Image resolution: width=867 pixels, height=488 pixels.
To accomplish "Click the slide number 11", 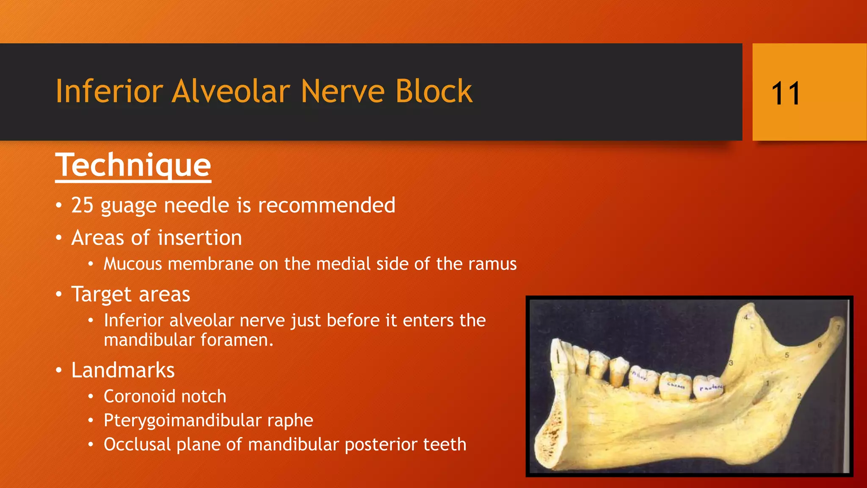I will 786,93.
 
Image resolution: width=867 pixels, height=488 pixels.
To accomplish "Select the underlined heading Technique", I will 133,165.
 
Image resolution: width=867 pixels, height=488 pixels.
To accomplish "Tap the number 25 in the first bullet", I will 82,205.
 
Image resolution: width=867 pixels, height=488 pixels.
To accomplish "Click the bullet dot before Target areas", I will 59,294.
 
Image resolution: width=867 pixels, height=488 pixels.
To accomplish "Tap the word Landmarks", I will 123,370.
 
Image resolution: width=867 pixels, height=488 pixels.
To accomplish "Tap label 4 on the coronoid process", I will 746,317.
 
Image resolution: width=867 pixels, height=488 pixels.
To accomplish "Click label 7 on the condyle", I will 838,327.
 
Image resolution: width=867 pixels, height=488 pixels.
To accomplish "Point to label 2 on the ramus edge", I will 799,396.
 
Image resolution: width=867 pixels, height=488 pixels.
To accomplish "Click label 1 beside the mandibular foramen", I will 768,383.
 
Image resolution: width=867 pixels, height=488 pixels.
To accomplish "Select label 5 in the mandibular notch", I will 787,355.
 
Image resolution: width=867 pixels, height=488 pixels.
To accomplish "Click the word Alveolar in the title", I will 231,91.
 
